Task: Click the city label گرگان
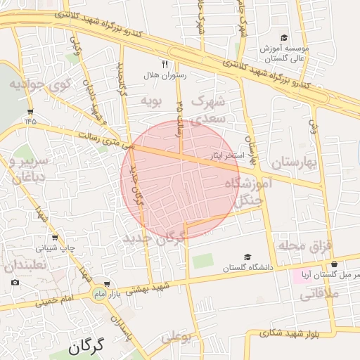click(x=86, y=346)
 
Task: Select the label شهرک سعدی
click(x=208, y=110)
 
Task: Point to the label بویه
click(x=152, y=100)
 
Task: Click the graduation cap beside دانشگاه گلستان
click(x=247, y=257)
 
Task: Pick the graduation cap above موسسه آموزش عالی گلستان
click(x=284, y=38)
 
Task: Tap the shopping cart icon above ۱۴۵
click(x=30, y=111)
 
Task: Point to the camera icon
click(x=15, y=283)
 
